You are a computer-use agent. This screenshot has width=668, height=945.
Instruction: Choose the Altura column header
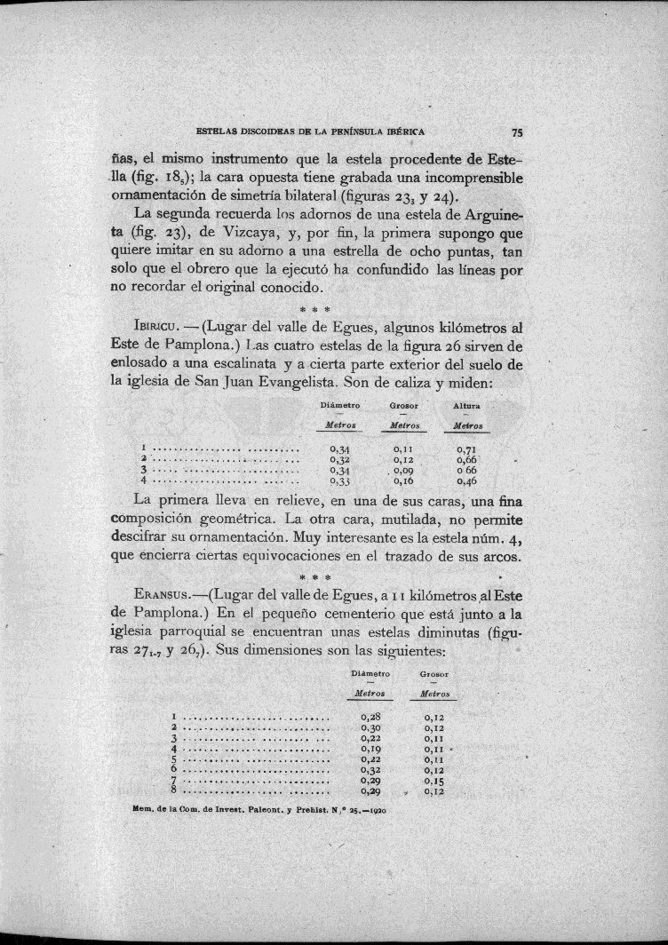(466, 406)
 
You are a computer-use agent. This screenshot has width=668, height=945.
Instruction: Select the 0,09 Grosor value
(403, 471)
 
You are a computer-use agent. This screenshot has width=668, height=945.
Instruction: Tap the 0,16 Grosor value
(403, 481)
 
